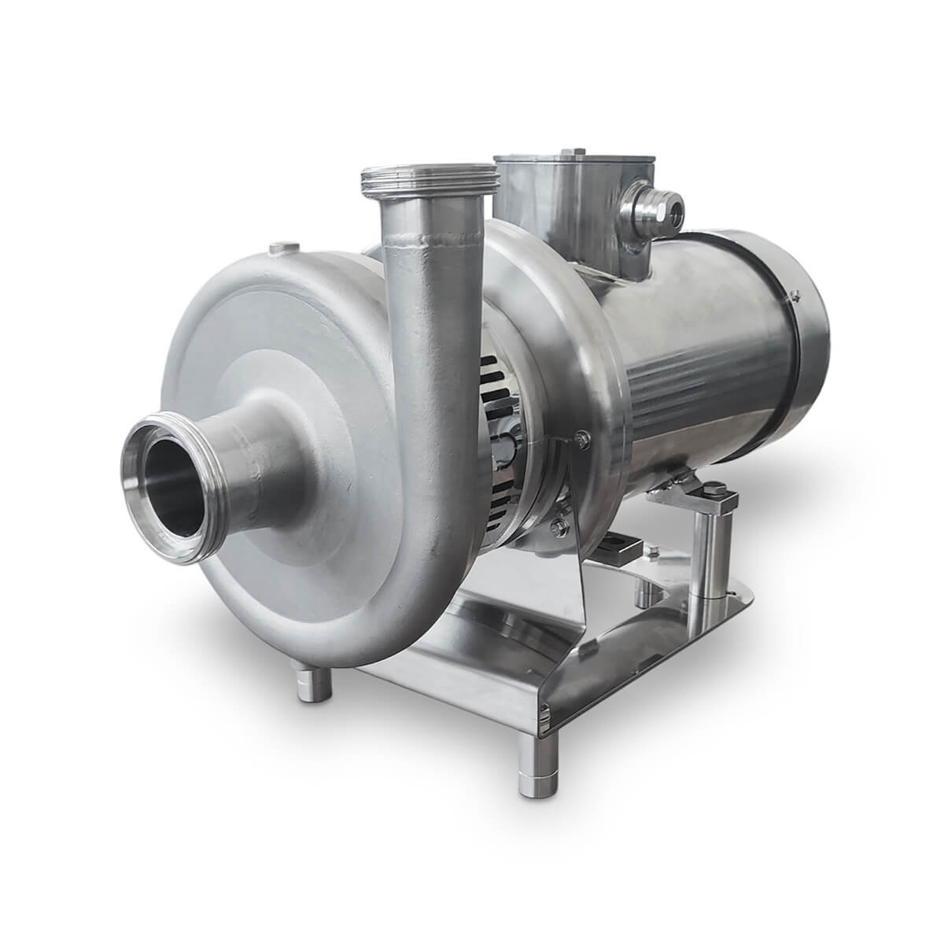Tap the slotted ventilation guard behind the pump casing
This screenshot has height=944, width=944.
pos(503,441)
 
